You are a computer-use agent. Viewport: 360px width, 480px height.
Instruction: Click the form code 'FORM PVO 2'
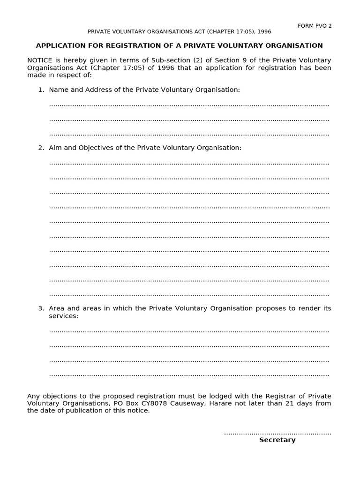[x=315, y=26]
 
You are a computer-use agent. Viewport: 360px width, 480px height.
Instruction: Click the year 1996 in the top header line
[x=264, y=32]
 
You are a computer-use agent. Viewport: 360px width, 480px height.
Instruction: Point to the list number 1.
[x=41, y=90]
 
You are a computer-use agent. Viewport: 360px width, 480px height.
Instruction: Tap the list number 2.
[x=41, y=148]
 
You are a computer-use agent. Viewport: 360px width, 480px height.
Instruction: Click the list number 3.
[x=41, y=308]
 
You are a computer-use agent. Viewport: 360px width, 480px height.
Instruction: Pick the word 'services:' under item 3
[x=64, y=316]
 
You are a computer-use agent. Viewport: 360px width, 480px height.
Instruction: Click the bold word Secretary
[x=277, y=440]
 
